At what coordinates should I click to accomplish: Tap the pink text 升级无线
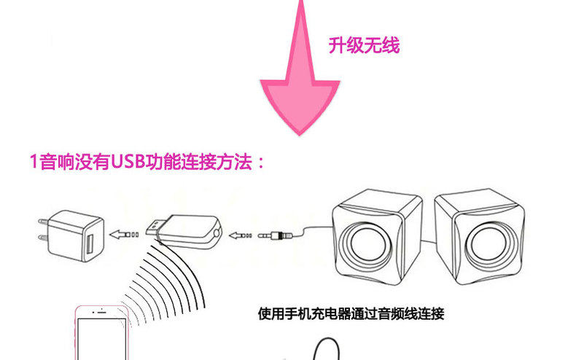[364, 46]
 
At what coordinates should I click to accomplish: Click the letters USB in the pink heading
[130, 161]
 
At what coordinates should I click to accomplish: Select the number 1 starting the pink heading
[33, 162]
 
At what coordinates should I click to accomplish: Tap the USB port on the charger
[90, 244]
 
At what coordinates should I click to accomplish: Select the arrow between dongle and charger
[123, 235]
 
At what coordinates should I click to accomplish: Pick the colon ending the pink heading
[259, 163]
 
